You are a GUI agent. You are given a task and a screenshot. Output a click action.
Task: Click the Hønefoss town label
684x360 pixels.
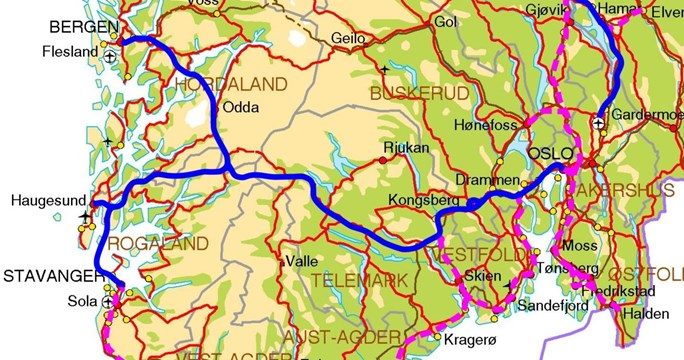tap(486, 126)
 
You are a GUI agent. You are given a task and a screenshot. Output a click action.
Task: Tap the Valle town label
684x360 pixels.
tap(302, 261)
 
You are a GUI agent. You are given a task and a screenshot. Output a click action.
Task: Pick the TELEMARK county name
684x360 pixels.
tap(352, 280)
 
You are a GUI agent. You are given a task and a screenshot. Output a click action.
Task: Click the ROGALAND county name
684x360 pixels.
tap(159, 243)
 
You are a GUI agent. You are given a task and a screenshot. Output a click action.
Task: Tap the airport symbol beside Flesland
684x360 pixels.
tap(110, 56)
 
